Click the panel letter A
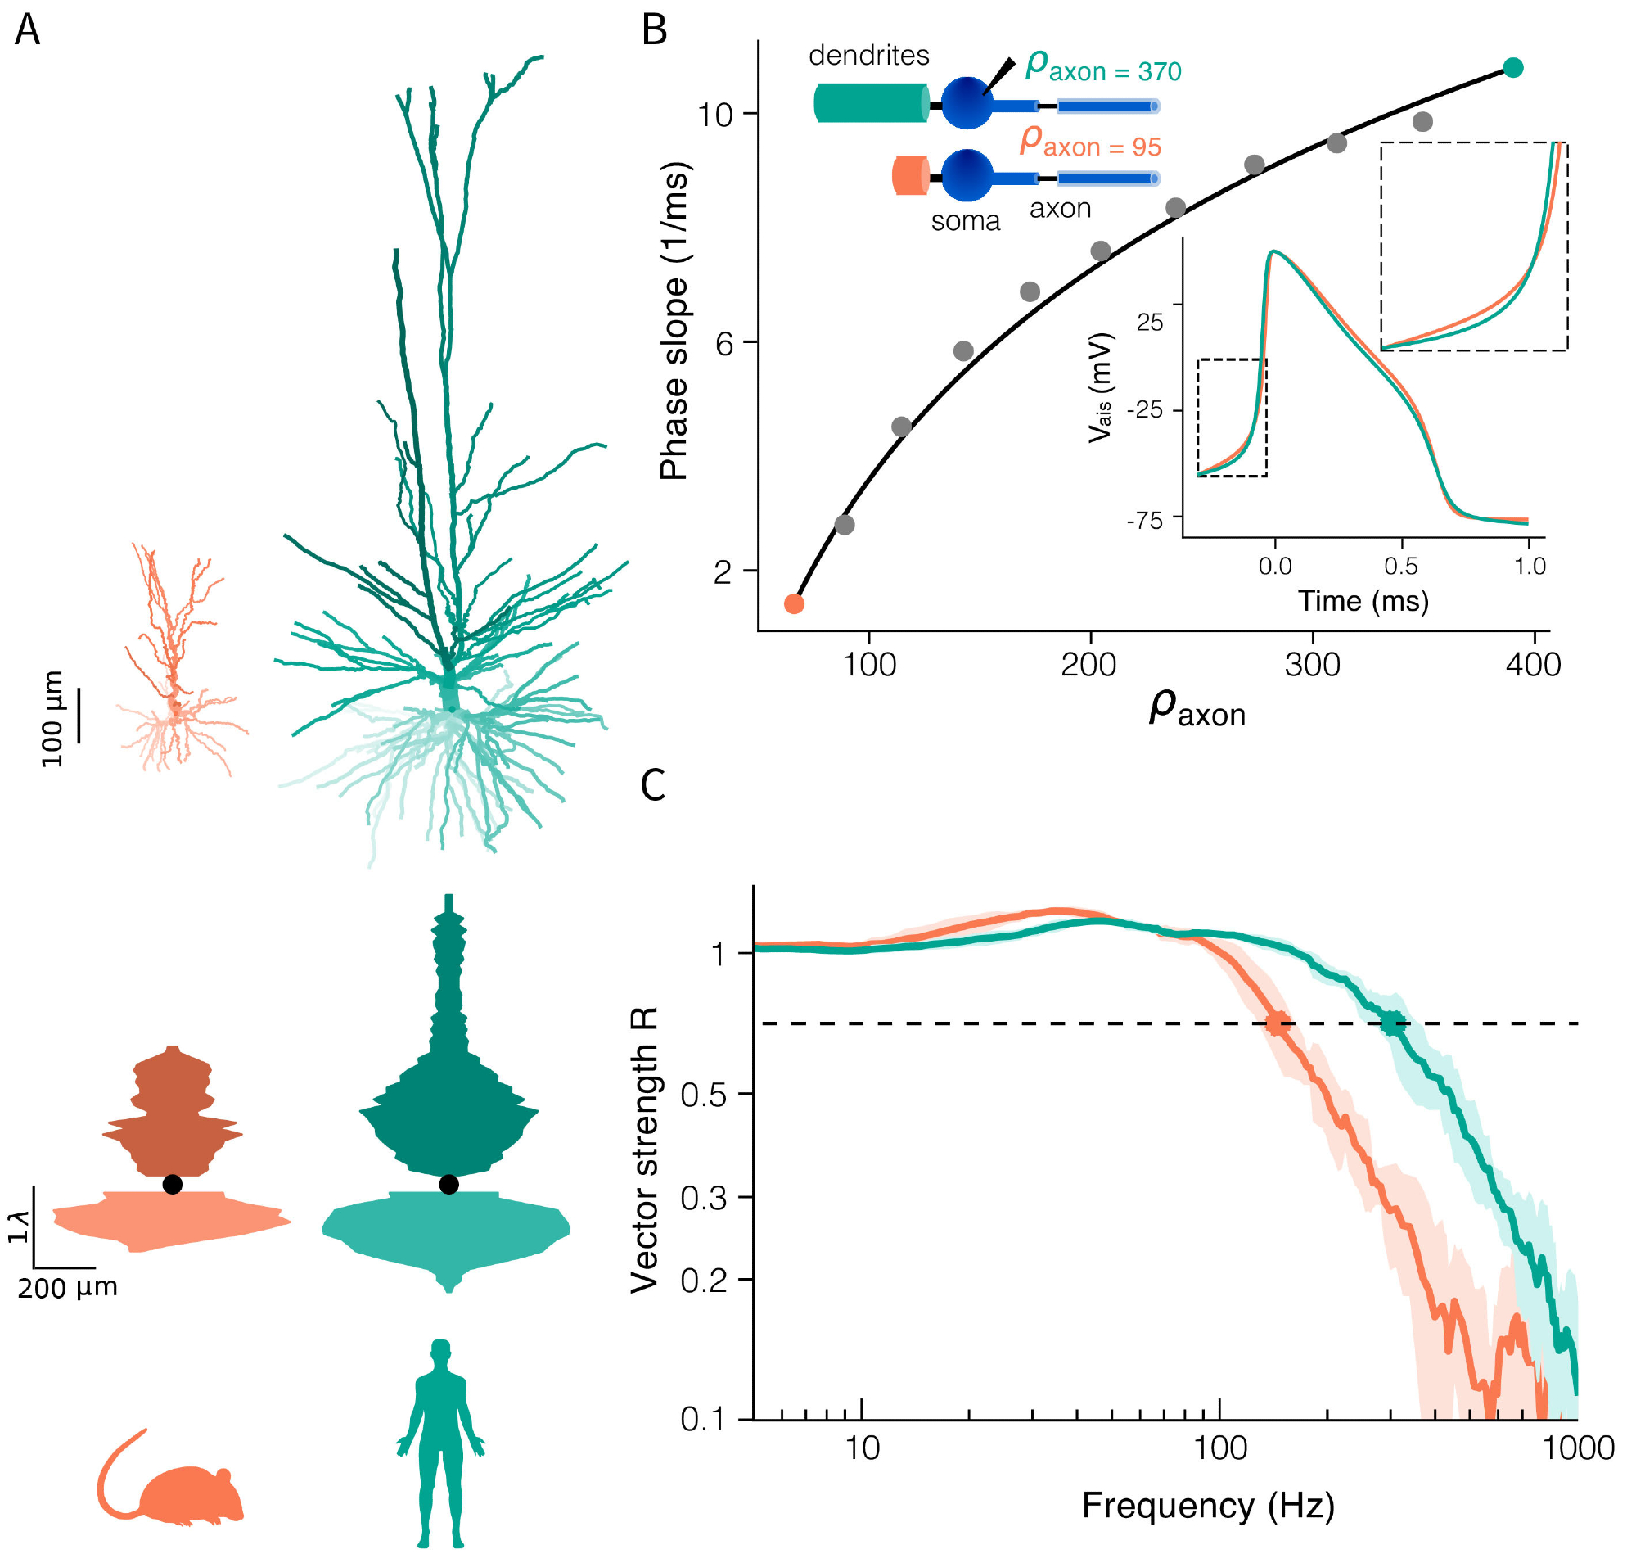pos(28,31)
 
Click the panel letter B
pos(655,31)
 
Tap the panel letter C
pos(653,784)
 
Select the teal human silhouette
pos(440,1442)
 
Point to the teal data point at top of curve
pos(1513,68)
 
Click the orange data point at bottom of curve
pos(794,604)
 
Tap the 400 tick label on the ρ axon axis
pos(1534,665)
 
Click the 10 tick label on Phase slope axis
pos(714,114)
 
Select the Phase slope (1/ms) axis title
pos(674,321)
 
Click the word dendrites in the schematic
pos(869,56)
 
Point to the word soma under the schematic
pos(966,222)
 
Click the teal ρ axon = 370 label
pos(1103,66)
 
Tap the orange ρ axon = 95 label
pos(1090,142)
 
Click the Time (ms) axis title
pos(1363,601)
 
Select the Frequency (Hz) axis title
pos(1208,1506)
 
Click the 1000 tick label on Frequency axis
pos(1578,1448)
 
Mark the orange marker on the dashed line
pos(1278,1023)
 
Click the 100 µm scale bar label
pos(52,718)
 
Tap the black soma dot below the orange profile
pos(173,1184)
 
